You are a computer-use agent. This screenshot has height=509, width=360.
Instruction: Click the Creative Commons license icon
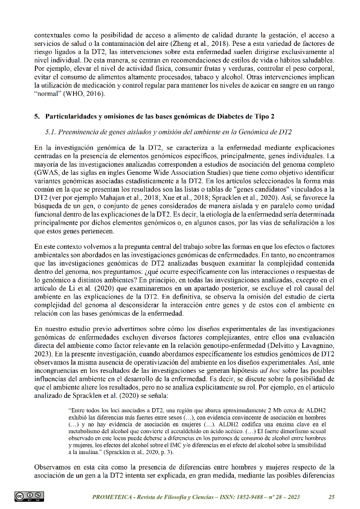[x=30, y=497]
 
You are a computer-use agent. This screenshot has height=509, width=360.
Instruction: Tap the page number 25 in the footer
[x=331, y=497]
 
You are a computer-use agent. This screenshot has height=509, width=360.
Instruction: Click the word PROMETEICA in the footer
[x=112, y=497]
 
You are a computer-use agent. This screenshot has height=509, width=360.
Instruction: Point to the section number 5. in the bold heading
[x=37, y=116]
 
